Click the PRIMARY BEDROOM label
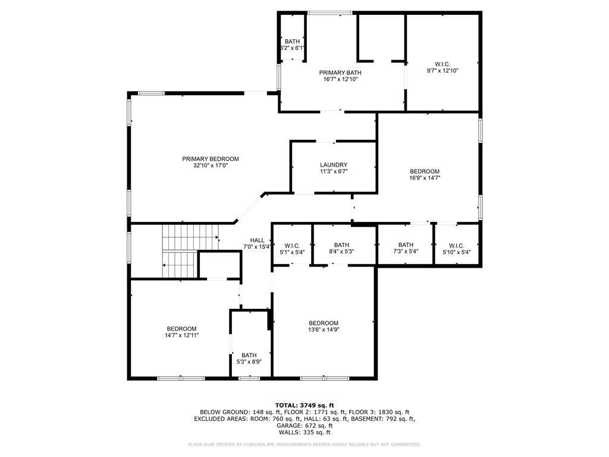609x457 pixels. coord(211,159)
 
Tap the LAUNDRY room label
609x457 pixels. coord(334,165)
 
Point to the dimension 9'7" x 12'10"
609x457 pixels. coord(442,70)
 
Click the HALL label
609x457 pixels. coord(257,240)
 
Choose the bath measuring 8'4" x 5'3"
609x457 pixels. coord(341,248)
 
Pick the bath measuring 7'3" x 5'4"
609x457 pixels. coord(406,248)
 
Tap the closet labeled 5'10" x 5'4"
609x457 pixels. coord(457,248)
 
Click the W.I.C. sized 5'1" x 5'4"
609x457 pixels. coord(292,249)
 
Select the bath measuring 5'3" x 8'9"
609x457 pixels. coord(249,358)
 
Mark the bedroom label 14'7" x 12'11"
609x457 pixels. coord(181,332)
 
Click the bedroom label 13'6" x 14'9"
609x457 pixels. coord(324,327)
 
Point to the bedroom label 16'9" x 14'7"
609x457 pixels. coord(425,174)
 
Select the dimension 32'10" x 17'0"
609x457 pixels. coord(211,165)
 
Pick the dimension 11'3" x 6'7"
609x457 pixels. coord(334,171)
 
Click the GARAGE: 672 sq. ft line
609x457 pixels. coord(304,425)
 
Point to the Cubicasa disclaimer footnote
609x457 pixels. coord(304,445)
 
